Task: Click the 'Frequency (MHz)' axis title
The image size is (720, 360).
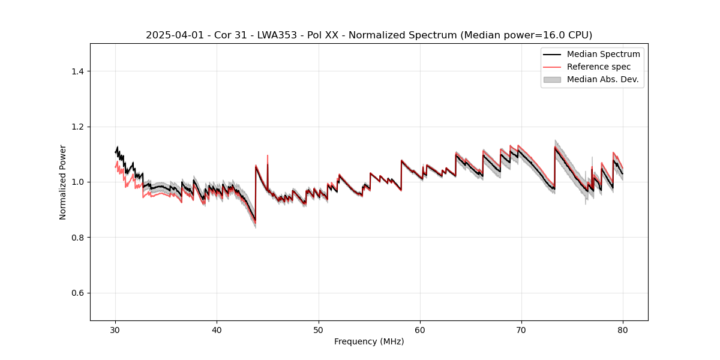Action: coord(369,341)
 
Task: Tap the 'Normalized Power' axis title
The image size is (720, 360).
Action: coord(63,182)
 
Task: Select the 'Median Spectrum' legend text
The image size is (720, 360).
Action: coord(603,54)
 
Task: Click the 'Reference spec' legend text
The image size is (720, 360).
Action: coord(599,67)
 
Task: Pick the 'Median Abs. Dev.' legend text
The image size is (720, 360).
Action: coord(602,79)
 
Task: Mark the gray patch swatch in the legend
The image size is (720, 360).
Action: coord(552,79)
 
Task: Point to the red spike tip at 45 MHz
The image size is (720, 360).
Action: coord(268,155)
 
